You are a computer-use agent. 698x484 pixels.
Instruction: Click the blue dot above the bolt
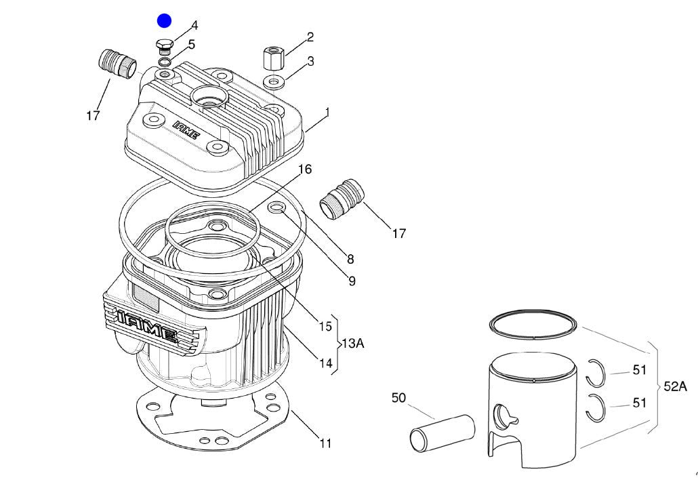[x=165, y=21]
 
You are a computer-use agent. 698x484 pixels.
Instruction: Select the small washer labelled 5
[x=165, y=62]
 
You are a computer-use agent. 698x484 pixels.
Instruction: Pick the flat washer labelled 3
[x=274, y=83]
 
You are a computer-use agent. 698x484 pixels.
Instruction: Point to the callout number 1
[x=327, y=112]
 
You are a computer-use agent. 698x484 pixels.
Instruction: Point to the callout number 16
[x=305, y=169]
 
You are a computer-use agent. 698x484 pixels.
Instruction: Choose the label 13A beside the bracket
[x=352, y=344]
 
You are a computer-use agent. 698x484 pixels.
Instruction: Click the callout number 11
[x=325, y=444]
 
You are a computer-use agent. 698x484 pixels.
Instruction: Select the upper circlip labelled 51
[x=596, y=371]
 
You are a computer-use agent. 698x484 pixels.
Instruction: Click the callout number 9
[x=352, y=281]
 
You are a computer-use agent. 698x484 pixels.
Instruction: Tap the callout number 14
[x=326, y=363]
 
